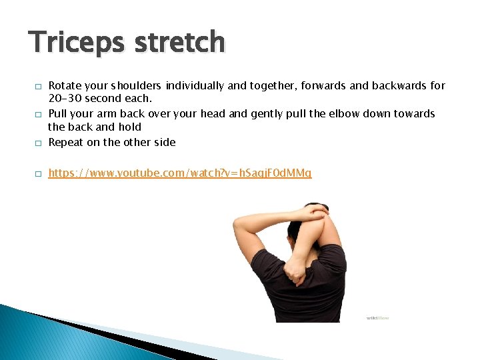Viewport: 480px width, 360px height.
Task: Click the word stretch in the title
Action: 179,42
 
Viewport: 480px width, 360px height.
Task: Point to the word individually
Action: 197,85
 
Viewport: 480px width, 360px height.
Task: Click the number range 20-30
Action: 65,98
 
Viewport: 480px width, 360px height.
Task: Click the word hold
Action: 131,127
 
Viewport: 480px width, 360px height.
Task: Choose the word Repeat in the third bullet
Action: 67,141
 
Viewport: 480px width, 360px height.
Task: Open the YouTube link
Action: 180,173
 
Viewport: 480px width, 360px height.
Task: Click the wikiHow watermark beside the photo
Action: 377,318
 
